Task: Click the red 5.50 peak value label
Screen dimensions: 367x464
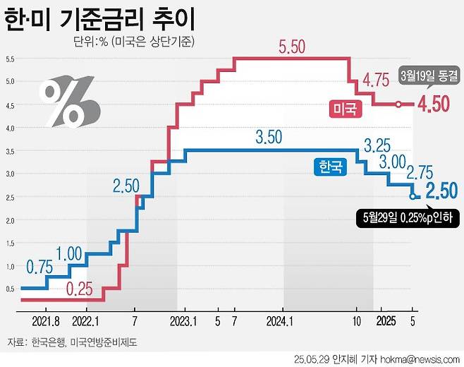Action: click(291, 47)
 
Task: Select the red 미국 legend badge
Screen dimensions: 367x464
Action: click(345, 108)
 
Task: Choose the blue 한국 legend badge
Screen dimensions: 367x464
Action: click(329, 167)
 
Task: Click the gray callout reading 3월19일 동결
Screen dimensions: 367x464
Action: click(429, 75)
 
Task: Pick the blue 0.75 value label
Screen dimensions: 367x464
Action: click(39, 267)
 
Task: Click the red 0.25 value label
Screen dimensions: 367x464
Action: click(81, 288)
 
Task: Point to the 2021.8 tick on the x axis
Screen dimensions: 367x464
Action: click(46, 318)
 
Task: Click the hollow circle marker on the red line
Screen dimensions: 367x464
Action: click(398, 104)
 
